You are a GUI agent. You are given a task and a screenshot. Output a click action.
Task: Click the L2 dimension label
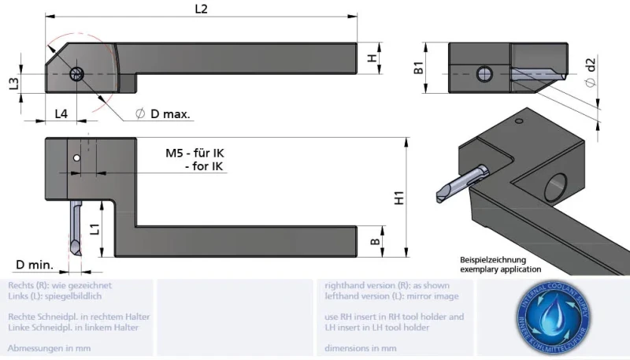[201, 9]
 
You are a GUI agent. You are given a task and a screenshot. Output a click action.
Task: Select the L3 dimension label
[13, 84]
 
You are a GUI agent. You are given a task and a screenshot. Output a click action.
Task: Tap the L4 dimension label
[61, 113]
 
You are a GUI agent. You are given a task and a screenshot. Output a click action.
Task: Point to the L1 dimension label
[94, 229]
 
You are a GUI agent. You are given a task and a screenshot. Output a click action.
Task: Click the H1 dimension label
[399, 198]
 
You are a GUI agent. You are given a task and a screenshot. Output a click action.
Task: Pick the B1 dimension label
[420, 68]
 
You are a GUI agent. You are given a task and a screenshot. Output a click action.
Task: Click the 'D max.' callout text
[165, 114]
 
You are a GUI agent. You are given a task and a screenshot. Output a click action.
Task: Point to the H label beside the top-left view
[372, 58]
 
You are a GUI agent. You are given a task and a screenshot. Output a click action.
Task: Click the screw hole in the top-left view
[76, 74]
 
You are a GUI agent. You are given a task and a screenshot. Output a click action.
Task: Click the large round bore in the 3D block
[556, 184]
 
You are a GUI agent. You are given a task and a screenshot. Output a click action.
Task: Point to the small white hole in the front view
[76, 158]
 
